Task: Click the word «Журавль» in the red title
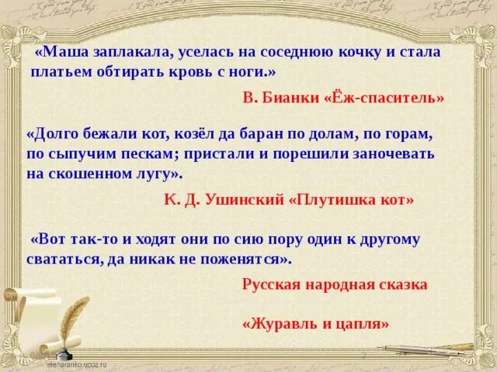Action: (x=283, y=324)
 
